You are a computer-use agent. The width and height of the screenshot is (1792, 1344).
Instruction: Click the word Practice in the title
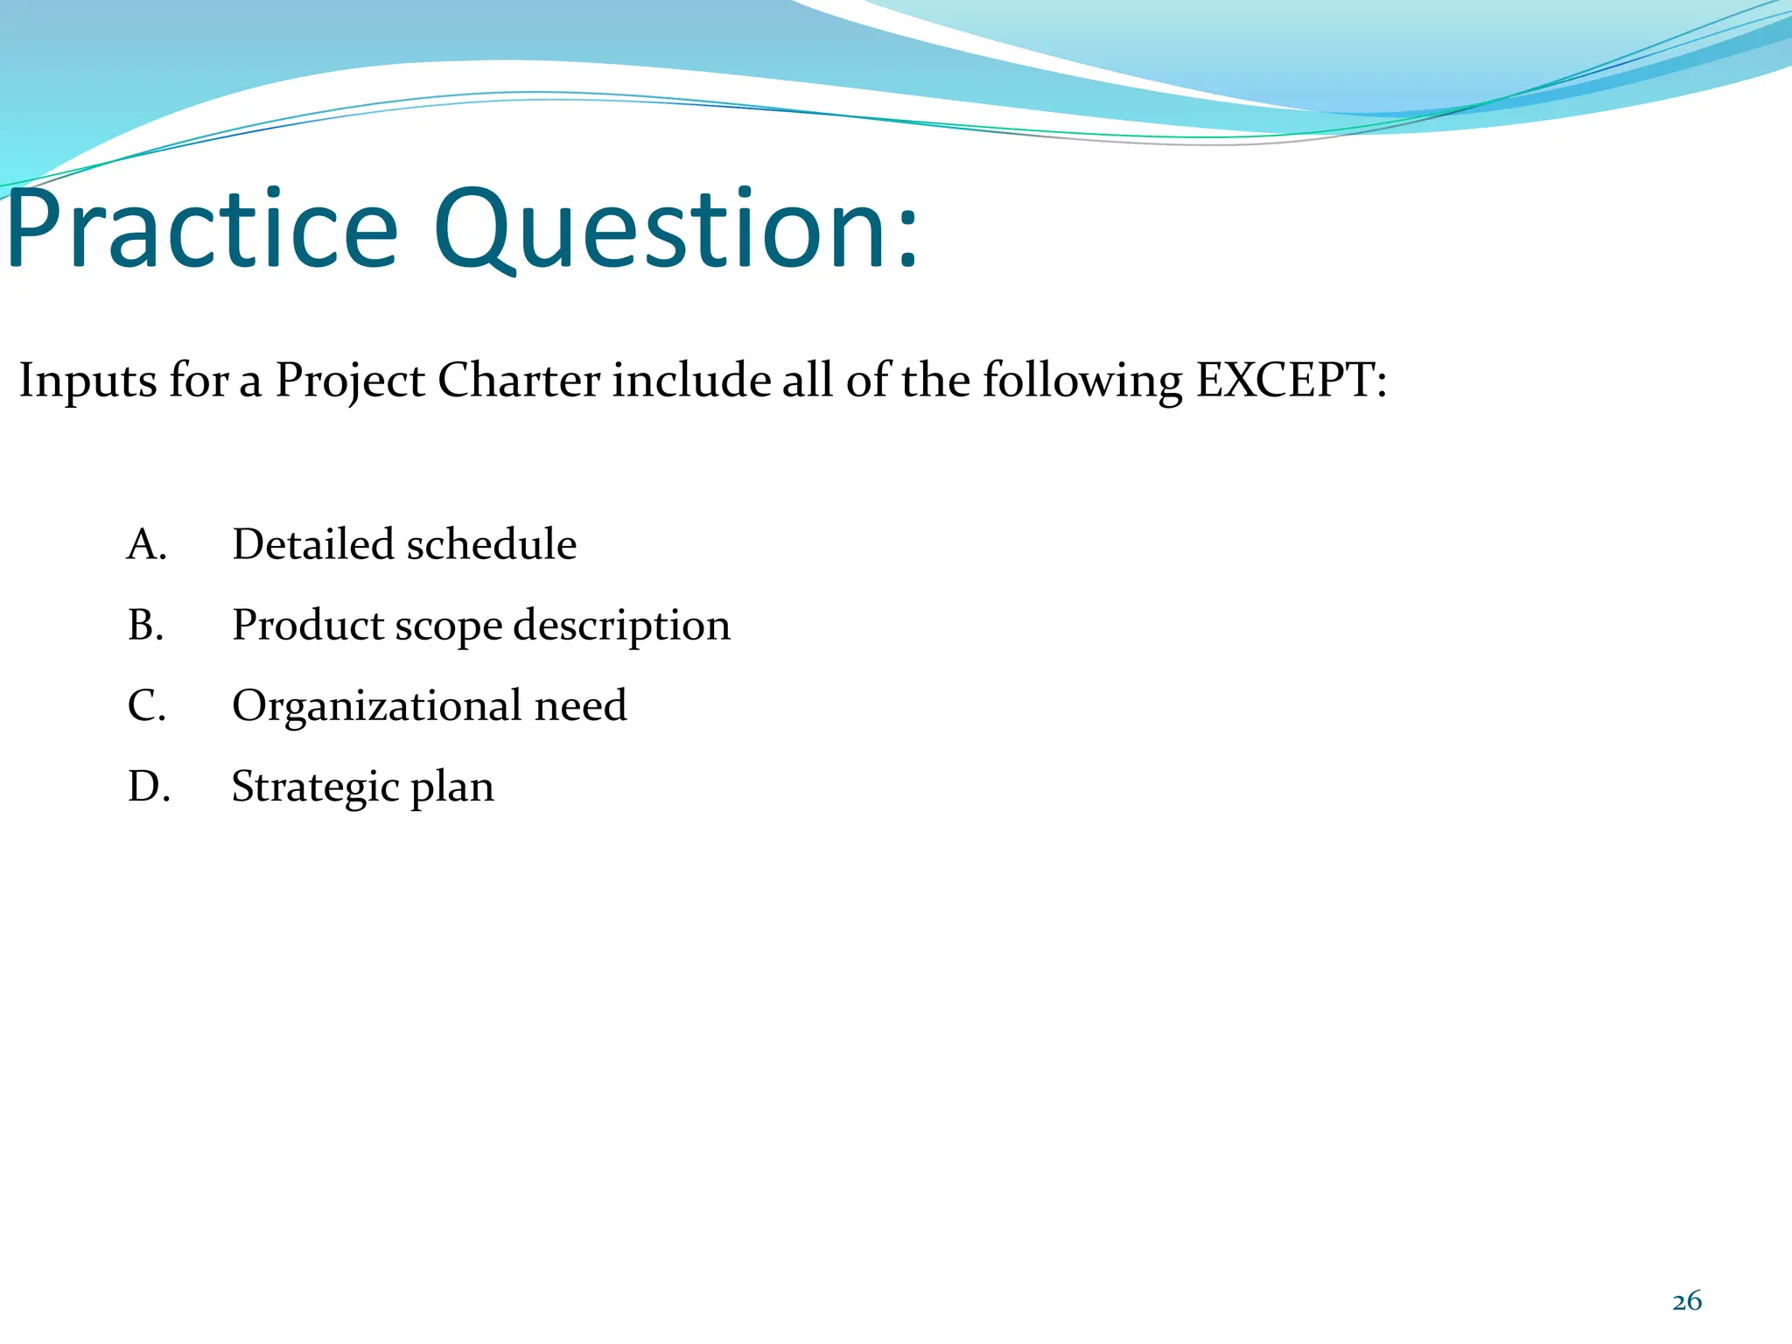tap(203, 231)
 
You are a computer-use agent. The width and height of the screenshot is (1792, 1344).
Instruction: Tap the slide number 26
tap(1686, 1301)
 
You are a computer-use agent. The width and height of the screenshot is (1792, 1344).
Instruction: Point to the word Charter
tap(518, 381)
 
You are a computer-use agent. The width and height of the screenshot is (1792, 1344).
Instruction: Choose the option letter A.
tap(146, 544)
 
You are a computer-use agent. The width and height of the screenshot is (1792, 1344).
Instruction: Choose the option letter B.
tap(146, 625)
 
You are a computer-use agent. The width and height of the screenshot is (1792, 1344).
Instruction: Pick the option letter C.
tap(146, 705)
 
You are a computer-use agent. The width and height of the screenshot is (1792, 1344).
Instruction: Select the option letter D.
tap(148, 786)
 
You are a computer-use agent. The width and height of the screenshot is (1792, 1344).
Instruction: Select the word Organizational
tap(376, 705)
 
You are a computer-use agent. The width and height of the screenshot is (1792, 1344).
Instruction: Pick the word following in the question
tap(1081, 382)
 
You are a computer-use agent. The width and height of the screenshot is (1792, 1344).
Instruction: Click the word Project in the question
tap(350, 382)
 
